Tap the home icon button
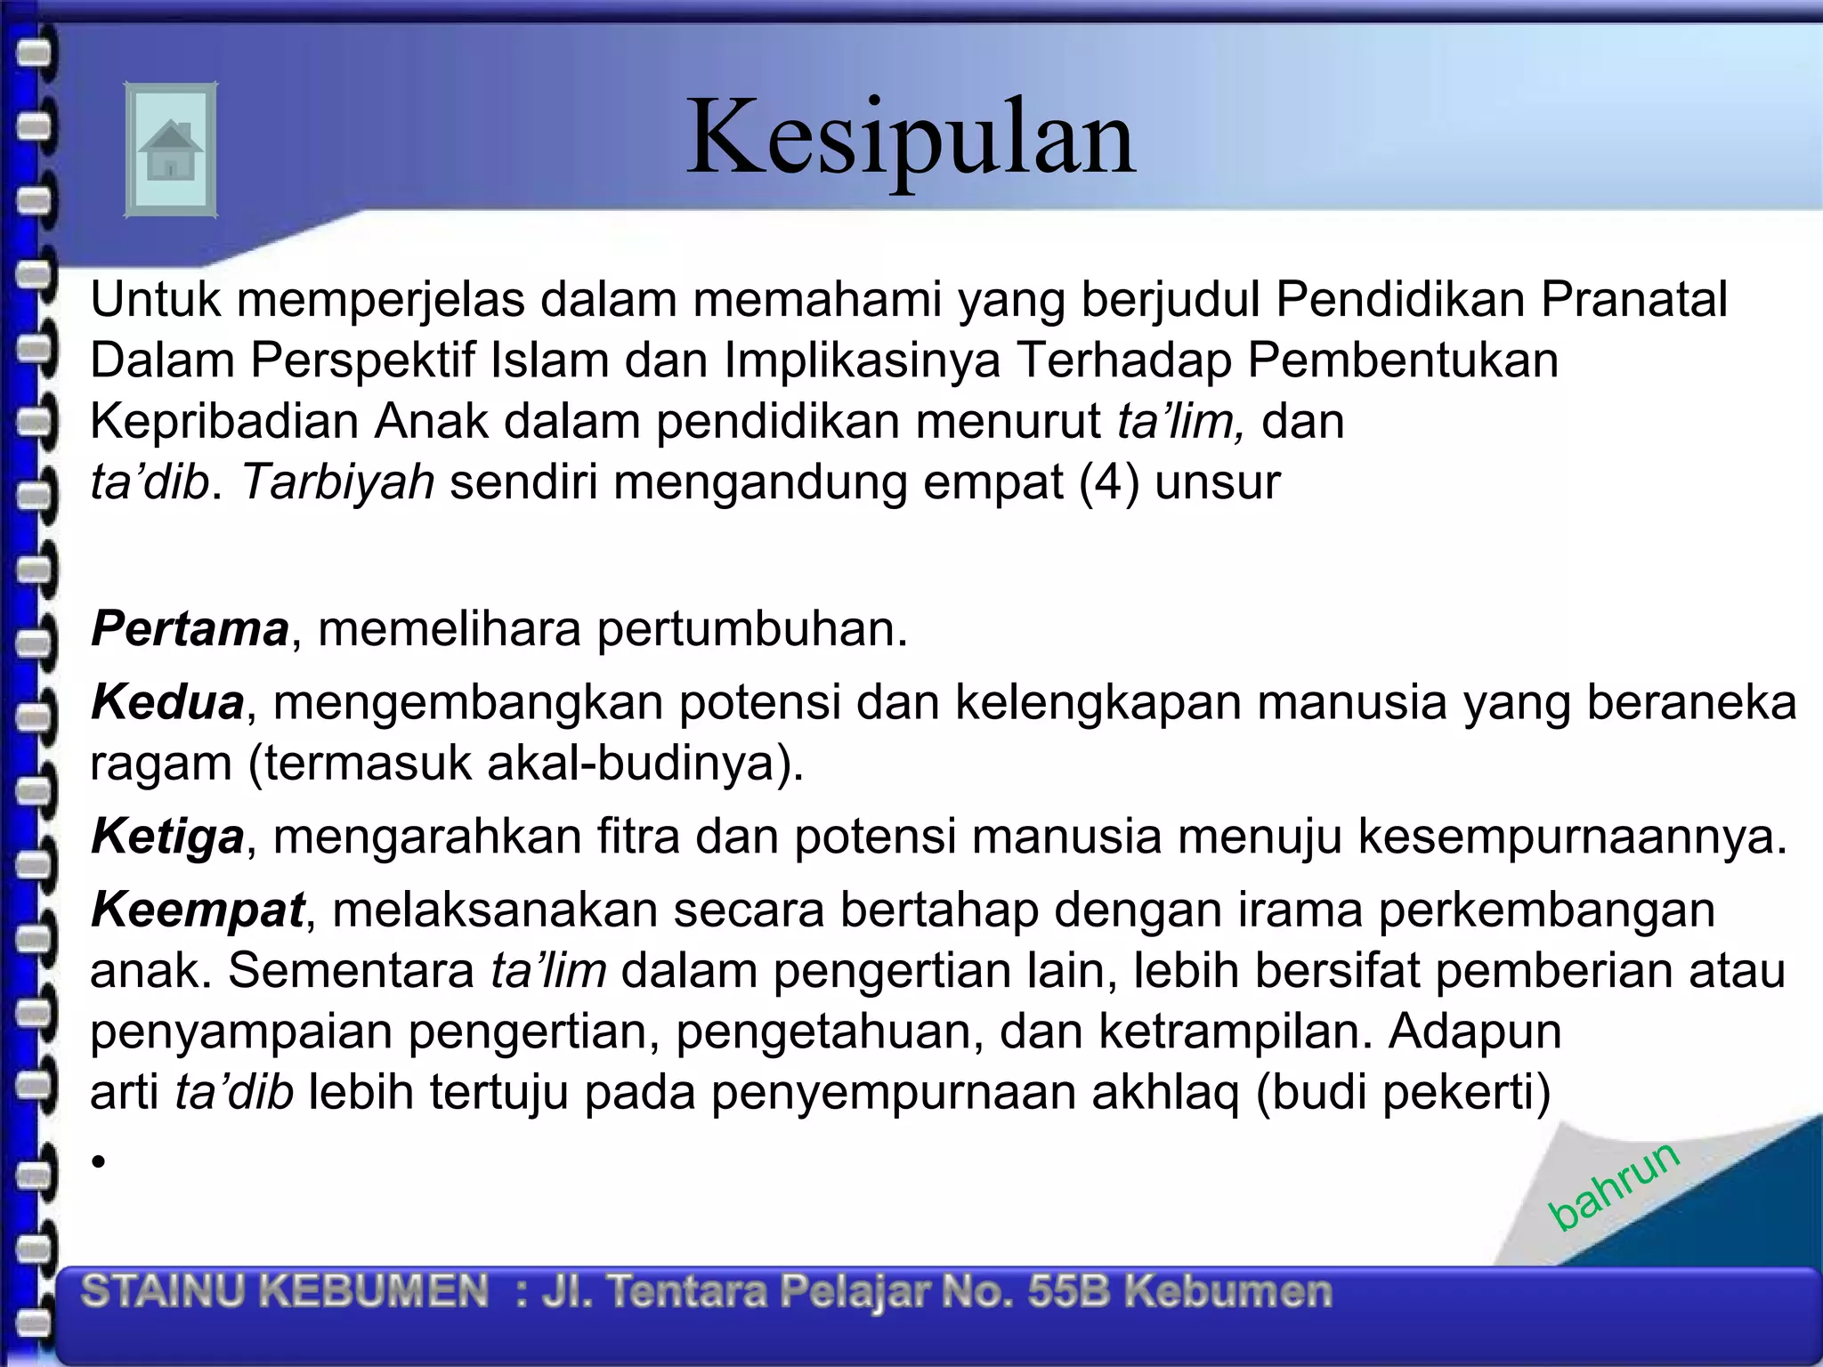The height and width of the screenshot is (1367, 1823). click(x=170, y=150)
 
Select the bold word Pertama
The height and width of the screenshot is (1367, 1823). click(x=190, y=628)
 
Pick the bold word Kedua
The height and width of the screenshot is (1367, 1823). click(x=167, y=702)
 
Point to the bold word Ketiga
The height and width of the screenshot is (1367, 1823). click(x=167, y=837)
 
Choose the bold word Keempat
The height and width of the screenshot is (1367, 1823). click(x=198, y=910)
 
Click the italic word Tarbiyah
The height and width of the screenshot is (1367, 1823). click(x=337, y=481)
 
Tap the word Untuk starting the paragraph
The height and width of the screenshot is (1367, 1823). click(x=155, y=299)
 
